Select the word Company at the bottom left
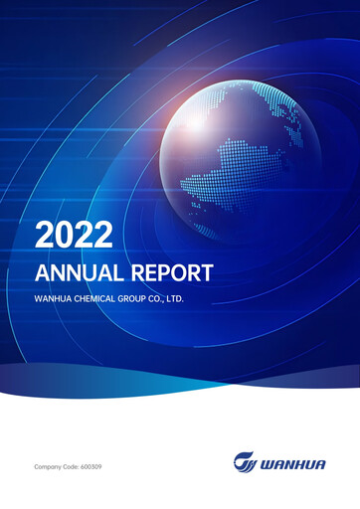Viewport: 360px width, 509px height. [x=49, y=465]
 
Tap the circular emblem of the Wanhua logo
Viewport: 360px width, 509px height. [x=243, y=462]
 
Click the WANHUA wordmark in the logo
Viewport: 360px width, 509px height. [x=295, y=462]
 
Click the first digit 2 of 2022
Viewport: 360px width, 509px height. [x=44, y=235]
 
